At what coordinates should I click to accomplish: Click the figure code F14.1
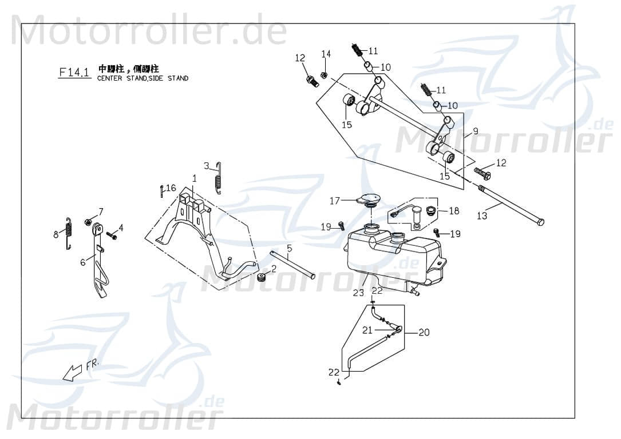coord(74,73)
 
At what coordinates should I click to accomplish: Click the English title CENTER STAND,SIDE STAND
coord(143,78)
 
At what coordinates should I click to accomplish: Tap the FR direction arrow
coord(73,372)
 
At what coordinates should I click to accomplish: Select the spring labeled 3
coord(217,178)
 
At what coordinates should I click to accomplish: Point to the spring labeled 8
coord(69,234)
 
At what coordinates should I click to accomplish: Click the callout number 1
coord(194,178)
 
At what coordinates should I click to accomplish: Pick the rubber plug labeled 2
coord(263,278)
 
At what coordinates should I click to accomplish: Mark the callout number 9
coord(476,130)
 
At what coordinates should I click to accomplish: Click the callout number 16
coord(171,187)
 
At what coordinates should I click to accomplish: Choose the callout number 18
coord(454,211)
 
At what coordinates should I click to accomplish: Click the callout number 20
coord(424,332)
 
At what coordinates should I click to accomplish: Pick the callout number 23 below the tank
coord(358,293)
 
